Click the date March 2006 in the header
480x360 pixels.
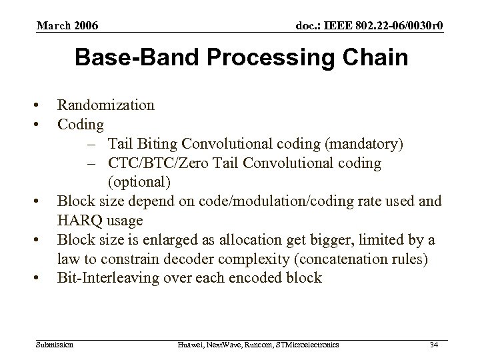[x=67, y=26]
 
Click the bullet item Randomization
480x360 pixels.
[x=106, y=105]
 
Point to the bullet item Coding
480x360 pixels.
[x=81, y=125]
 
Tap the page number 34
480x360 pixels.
[x=434, y=344]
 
